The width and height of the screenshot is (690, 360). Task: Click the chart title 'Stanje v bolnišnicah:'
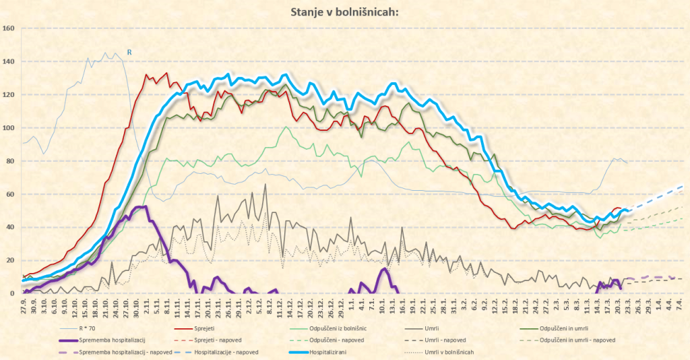344,11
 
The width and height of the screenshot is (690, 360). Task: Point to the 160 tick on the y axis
9,28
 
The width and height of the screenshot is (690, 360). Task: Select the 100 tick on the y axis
9,128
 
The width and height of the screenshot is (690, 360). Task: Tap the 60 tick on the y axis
9,194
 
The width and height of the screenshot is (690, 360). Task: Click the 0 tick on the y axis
12,294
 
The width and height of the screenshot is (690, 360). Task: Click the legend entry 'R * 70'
90,328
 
